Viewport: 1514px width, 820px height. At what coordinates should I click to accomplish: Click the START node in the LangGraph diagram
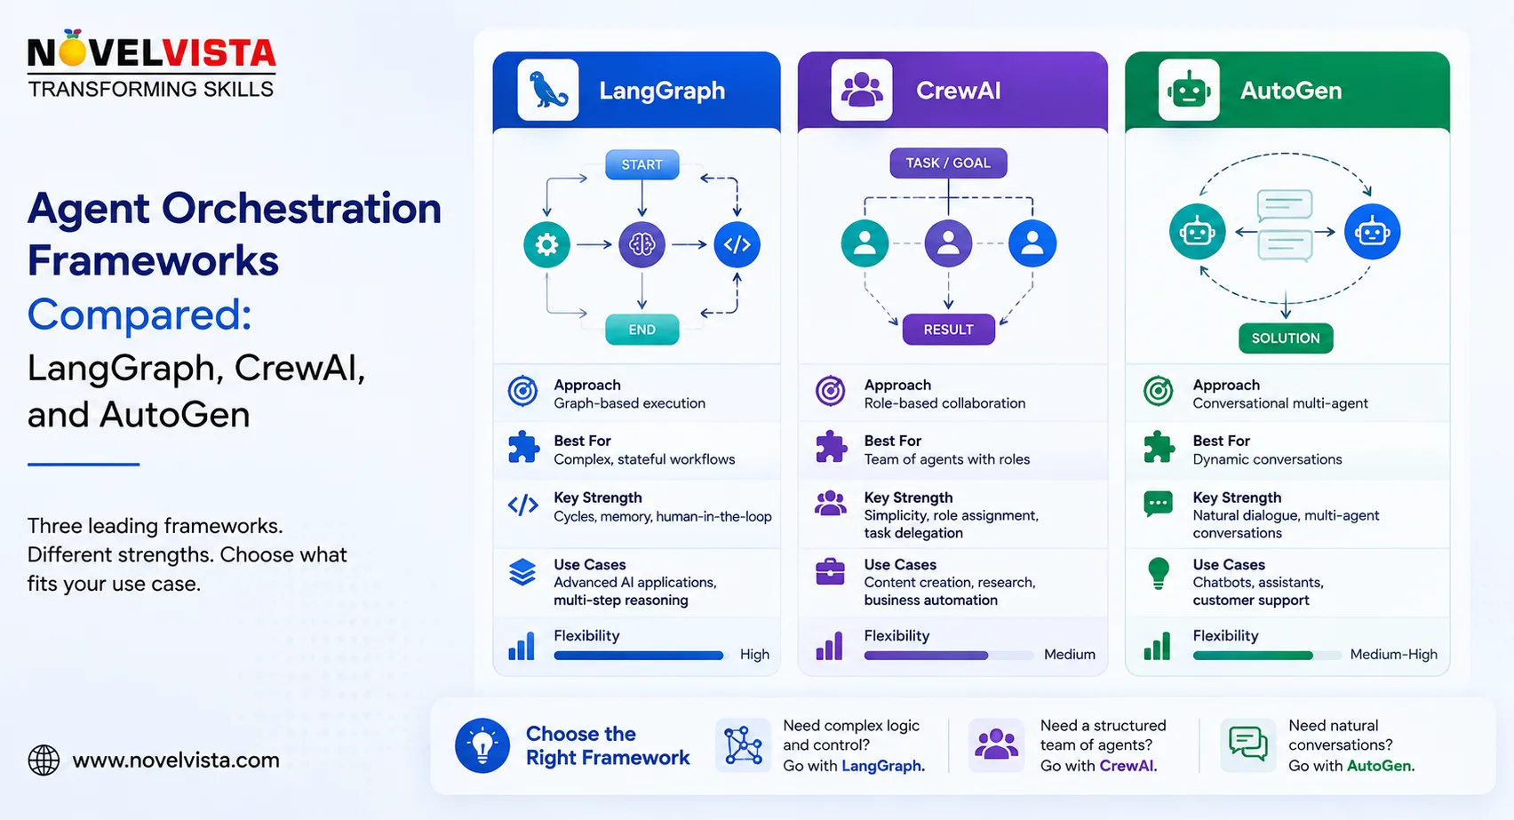point(641,164)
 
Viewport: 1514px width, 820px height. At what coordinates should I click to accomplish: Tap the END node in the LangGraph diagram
point(641,330)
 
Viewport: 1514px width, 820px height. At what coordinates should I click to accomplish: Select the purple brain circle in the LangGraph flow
point(641,244)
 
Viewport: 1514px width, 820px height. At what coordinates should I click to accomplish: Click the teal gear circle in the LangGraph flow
point(546,244)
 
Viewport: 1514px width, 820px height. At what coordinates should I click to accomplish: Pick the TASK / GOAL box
point(948,163)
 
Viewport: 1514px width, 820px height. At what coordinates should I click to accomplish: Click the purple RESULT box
point(948,330)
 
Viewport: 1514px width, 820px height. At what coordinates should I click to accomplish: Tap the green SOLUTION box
point(1286,338)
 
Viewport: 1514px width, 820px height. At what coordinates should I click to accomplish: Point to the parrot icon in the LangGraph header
point(547,90)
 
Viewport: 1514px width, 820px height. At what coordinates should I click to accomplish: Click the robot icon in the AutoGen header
point(1188,90)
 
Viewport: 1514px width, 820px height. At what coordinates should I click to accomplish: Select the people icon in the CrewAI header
point(861,90)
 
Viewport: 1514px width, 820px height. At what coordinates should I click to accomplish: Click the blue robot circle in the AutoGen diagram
point(1372,232)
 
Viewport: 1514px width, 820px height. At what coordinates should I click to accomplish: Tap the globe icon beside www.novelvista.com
point(44,760)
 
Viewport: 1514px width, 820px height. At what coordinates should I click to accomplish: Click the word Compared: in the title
point(139,314)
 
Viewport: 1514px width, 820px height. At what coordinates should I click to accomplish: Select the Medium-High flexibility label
point(1394,655)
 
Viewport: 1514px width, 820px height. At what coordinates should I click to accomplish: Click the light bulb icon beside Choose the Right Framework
point(482,745)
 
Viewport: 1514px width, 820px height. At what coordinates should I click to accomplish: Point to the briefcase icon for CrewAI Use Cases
point(830,572)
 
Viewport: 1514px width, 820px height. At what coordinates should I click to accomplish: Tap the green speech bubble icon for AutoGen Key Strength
point(1158,505)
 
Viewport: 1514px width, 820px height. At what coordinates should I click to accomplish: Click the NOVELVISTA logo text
point(151,52)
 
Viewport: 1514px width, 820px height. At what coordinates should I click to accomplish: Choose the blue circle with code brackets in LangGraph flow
point(737,244)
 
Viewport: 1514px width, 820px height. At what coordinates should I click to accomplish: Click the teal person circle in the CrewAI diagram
point(865,243)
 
